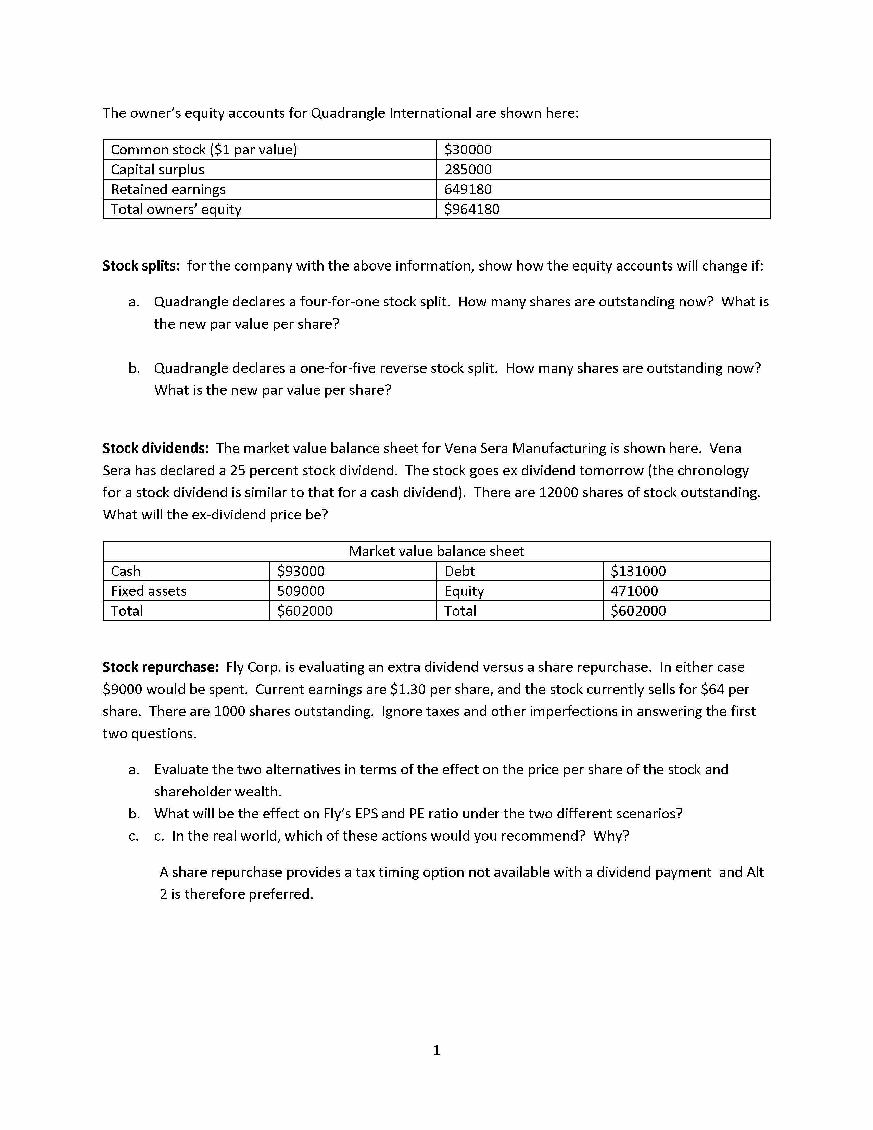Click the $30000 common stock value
point(468,150)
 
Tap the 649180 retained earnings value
point(468,189)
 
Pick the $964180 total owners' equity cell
point(472,209)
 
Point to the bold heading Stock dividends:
point(155,448)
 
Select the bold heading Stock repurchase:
point(160,667)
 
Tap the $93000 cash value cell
point(301,571)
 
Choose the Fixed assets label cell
point(149,591)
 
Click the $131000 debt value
point(638,571)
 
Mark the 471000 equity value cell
point(634,591)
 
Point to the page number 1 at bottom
point(436,1050)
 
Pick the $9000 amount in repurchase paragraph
point(122,689)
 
